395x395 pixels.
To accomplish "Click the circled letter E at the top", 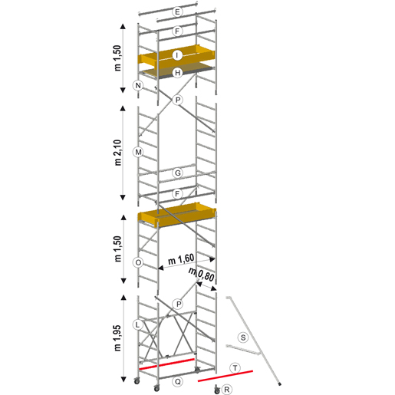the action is click(x=177, y=12).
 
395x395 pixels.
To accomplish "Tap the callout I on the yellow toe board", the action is click(x=177, y=55).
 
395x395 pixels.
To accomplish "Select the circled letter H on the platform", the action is click(x=177, y=73).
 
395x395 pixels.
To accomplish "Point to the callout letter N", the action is click(x=138, y=85).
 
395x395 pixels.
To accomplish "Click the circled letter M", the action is click(x=138, y=152).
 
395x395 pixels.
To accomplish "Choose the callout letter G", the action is click(x=177, y=173).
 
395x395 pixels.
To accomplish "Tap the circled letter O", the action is click(x=138, y=262).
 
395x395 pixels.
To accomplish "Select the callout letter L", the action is click(x=137, y=325).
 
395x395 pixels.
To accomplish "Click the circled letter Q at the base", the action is click(x=177, y=382).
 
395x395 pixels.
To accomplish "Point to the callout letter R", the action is click(x=226, y=390).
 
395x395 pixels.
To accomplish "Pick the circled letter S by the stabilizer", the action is click(x=243, y=337).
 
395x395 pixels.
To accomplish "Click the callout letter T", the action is click(x=235, y=368).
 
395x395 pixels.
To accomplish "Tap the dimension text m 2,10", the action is click(x=117, y=153).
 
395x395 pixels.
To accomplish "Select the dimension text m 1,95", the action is click(x=117, y=338).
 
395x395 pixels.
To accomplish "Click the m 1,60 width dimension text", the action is click(x=181, y=259).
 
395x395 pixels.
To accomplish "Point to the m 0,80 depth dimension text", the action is click(x=201, y=274).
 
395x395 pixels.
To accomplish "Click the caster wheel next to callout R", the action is click(x=217, y=390).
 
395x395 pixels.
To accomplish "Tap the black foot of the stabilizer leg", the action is click(x=280, y=383).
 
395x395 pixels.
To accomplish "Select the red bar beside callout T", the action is click(x=225, y=376).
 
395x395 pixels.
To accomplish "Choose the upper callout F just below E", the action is click(x=177, y=31).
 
